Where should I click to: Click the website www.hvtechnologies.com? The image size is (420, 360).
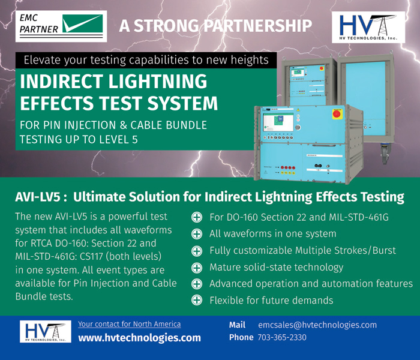tap(139, 338)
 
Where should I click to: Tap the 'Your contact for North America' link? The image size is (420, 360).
tap(129, 324)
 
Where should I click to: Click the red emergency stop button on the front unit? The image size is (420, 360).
tap(353, 113)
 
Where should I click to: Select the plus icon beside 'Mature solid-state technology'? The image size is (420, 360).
tap(196, 267)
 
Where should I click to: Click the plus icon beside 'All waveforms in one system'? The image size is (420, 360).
tap(196, 234)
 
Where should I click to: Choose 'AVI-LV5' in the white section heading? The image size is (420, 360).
tap(38, 197)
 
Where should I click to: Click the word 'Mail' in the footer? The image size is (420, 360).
tap(238, 325)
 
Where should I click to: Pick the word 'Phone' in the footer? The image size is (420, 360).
tap(241, 337)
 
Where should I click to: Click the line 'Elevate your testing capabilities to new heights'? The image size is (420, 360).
tap(145, 60)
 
